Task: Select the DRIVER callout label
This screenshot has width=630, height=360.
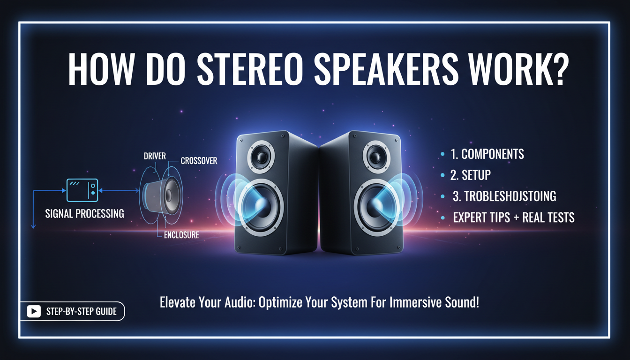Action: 155,156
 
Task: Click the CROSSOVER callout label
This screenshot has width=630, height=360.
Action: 199,161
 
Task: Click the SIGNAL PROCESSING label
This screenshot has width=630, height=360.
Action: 84,214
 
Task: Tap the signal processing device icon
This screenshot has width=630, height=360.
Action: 82,190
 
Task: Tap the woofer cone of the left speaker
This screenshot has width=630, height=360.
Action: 260,206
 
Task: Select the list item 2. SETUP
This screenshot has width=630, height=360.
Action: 472,175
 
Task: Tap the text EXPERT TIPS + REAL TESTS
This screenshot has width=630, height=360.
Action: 514,217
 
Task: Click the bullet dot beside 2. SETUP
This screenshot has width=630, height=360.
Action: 443,175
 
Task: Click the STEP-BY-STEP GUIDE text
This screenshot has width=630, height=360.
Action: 82,311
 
